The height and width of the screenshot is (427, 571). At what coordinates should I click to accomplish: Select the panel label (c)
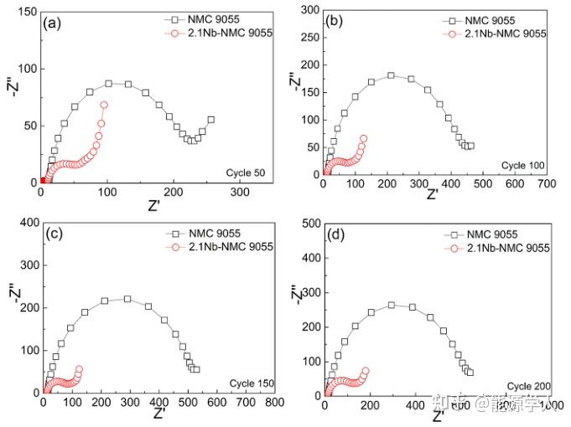point(54,234)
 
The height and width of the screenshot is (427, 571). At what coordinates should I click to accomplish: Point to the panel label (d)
point(335,236)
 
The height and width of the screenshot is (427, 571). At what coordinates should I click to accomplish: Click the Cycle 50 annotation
point(246,173)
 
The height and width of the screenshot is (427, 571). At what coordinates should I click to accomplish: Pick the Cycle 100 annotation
point(525,166)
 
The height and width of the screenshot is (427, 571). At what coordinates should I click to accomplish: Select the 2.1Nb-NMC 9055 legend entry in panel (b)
point(498,34)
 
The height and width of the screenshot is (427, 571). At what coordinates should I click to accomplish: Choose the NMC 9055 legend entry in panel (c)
point(207,234)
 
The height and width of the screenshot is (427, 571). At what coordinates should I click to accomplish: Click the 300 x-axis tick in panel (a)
point(240,192)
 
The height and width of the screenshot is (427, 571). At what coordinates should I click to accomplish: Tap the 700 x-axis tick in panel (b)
point(546,182)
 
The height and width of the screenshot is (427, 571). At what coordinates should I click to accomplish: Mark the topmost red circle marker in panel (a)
point(104,105)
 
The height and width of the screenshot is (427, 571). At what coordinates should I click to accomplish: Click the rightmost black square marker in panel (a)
point(210,120)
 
